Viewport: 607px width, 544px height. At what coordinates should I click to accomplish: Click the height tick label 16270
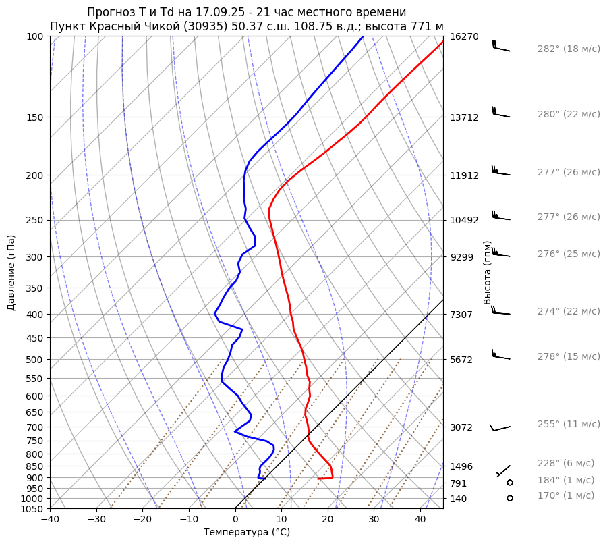tap(464, 36)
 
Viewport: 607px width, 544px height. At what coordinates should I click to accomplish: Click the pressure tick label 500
tap(34, 360)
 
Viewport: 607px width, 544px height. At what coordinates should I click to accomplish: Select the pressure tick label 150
tap(34, 117)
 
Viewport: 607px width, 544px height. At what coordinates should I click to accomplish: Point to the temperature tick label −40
tap(50, 520)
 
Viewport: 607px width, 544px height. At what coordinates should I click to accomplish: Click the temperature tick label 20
tap(328, 520)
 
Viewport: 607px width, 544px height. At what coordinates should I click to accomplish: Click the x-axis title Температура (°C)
tap(247, 533)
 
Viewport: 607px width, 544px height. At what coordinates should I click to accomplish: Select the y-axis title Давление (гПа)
tap(11, 273)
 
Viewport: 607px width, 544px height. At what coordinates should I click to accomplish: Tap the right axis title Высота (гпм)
tap(488, 273)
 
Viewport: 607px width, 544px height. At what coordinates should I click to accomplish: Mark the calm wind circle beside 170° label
tap(510, 498)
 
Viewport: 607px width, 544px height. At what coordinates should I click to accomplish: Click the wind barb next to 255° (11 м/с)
tap(500, 427)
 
